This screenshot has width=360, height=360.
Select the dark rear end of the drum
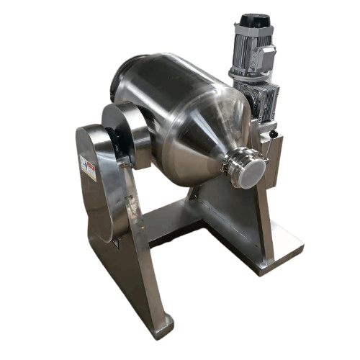[122, 79]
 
